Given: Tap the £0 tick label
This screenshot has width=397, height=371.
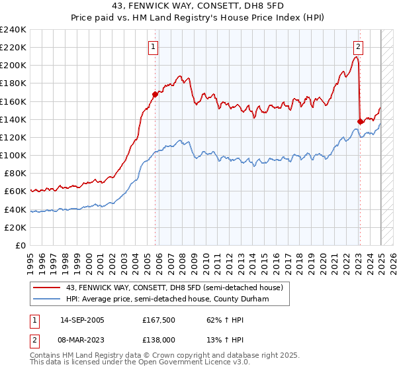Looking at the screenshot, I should (x=21, y=245).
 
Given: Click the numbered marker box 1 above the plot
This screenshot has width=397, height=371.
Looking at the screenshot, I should (x=154, y=46).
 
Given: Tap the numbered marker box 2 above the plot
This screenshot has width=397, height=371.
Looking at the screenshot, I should (x=358, y=46).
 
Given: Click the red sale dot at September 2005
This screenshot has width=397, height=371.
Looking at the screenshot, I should (x=155, y=94).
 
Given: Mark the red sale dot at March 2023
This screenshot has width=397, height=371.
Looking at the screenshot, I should (x=360, y=121).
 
